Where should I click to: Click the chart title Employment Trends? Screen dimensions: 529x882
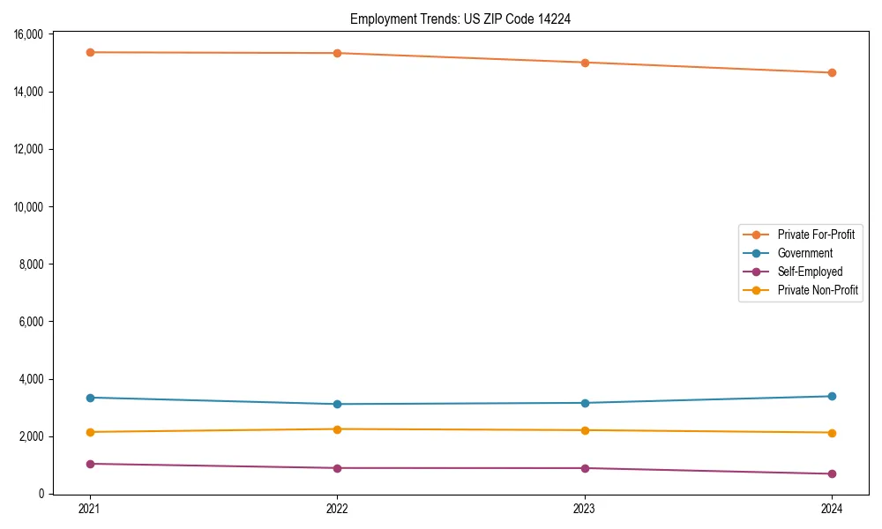460,19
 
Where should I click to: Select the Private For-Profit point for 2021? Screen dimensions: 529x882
90,52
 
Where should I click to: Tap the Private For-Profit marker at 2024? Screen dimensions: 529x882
832,72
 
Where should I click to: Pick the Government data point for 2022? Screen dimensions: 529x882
337,404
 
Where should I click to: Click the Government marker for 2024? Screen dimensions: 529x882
832,396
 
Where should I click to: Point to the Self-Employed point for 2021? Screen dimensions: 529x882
90,464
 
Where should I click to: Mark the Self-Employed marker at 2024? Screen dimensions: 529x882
832,474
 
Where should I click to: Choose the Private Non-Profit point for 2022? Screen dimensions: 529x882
337,429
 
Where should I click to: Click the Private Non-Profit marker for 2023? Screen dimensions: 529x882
585,430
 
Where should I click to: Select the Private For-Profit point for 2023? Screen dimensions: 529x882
585,63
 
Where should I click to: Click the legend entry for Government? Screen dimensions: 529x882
804,253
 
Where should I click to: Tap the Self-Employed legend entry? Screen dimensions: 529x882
810,272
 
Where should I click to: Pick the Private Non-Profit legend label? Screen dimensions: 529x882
818,290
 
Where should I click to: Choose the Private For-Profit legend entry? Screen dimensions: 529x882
815,235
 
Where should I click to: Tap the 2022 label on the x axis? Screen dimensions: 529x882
337,509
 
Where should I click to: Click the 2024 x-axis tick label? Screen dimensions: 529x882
832,509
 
